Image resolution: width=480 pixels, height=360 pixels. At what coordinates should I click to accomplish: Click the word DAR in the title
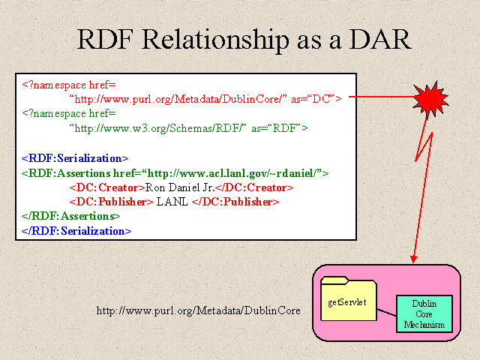point(380,39)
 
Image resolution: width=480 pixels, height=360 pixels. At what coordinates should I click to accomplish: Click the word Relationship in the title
point(215,40)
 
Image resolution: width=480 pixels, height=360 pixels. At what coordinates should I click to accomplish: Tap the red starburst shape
point(430,99)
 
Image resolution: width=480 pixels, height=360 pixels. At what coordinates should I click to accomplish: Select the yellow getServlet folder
point(348,298)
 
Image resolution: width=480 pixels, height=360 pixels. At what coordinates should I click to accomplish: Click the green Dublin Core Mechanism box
point(424,313)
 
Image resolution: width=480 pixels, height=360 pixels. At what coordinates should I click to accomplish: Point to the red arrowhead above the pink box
point(413,259)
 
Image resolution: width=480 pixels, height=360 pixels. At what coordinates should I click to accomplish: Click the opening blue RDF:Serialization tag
point(75,158)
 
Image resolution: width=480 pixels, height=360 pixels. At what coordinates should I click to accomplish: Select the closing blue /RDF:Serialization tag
point(76,231)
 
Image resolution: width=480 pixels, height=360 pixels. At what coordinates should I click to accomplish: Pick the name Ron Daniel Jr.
point(179,187)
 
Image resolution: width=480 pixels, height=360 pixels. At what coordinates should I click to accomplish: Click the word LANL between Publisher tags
point(172,202)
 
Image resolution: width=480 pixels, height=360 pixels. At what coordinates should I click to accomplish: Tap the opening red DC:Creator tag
point(107,187)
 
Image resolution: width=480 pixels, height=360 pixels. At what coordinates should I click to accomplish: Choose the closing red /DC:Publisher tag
point(235,202)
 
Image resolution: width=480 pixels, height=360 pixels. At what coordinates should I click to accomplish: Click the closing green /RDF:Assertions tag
point(71,216)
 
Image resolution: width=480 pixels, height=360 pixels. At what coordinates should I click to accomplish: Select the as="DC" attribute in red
point(316,99)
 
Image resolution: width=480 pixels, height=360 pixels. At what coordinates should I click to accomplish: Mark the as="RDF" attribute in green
point(280,128)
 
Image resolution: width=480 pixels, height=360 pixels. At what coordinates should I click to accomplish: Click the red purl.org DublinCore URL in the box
point(178,99)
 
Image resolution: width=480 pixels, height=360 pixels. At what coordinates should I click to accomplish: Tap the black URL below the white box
point(198,310)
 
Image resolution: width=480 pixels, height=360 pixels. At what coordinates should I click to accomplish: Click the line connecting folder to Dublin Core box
point(386,312)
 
